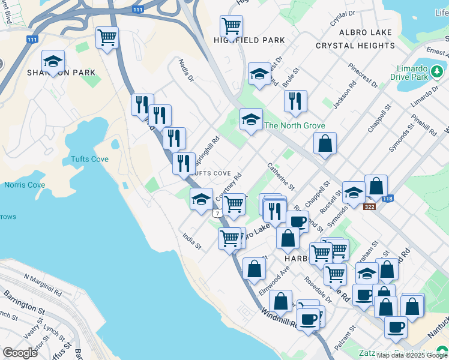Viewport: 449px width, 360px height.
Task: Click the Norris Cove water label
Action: pos(25,185)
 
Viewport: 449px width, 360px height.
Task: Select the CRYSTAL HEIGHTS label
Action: pos(355,46)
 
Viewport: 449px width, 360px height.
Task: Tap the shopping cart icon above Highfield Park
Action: pos(231,26)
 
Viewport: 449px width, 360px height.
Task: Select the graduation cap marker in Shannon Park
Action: pos(53,62)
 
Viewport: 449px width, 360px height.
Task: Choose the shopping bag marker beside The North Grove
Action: pos(325,144)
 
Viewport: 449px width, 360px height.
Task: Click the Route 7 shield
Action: pos(215,214)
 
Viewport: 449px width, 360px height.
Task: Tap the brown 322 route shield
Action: pos(370,206)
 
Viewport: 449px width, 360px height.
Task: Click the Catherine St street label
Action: pos(280,177)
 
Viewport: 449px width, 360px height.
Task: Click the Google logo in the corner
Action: pos(20,352)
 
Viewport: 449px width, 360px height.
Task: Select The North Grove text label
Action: pos(295,125)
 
